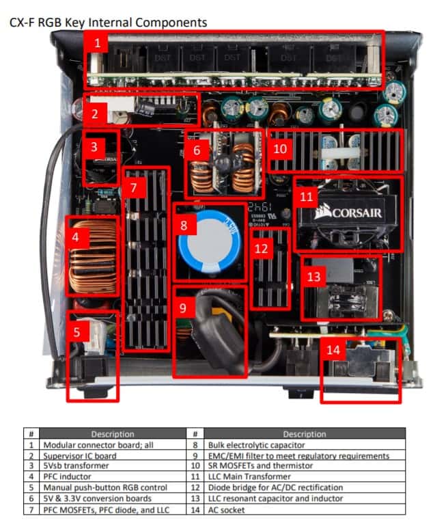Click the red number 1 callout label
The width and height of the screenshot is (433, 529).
pos(98,44)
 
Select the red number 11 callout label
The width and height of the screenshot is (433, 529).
pos(306,197)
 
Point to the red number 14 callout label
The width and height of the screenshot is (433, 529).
pos(333,349)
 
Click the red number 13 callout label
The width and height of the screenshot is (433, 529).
pos(313,277)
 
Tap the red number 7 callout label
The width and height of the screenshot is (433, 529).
pos(135,187)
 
